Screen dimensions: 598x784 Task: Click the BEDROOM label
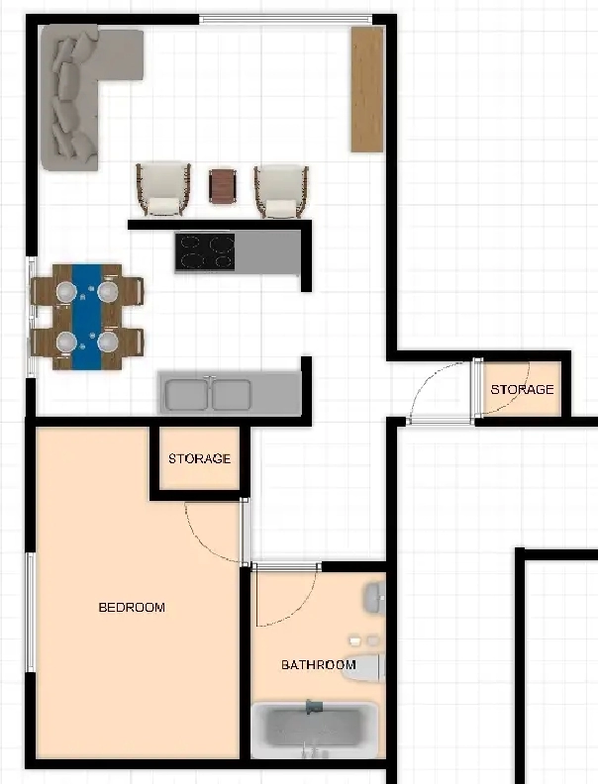click(132, 608)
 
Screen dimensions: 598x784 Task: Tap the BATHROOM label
click(319, 665)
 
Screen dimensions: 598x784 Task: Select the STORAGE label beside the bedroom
click(200, 458)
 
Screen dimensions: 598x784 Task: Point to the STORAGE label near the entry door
click(522, 389)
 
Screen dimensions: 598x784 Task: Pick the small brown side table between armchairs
click(223, 186)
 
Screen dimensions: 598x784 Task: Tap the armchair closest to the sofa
click(163, 190)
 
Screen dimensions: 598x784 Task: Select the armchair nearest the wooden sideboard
click(281, 192)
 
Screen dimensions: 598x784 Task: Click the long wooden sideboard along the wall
click(367, 89)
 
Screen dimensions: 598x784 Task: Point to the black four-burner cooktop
click(205, 252)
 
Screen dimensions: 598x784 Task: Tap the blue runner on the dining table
click(87, 317)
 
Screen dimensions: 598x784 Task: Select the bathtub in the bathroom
click(315, 731)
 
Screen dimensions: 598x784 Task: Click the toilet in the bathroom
click(363, 667)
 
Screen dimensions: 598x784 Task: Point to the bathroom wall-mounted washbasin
click(375, 598)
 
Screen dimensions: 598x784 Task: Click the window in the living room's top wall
click(286, 20)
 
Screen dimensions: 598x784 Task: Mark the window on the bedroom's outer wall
click(31, 613)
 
